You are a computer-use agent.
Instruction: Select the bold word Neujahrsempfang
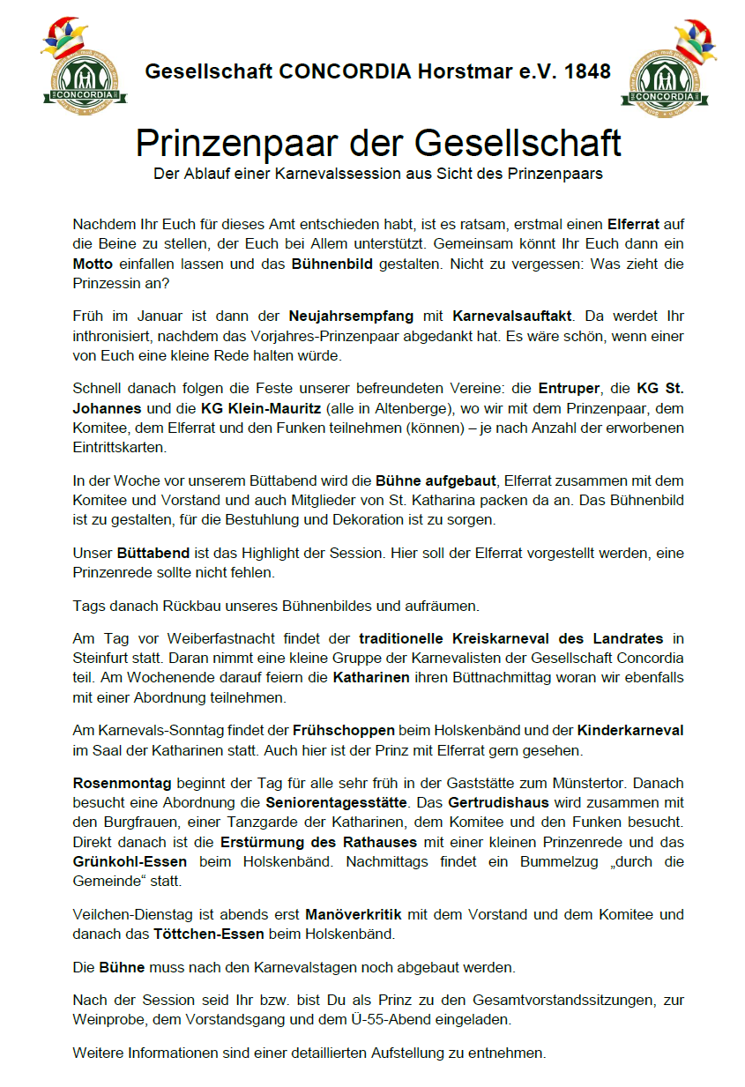pos(342,315)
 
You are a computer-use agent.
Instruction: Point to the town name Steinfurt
pos(101,657)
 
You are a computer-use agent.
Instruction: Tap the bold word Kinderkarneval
pos(630,731)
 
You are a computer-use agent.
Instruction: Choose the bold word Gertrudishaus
pos(497,803)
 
